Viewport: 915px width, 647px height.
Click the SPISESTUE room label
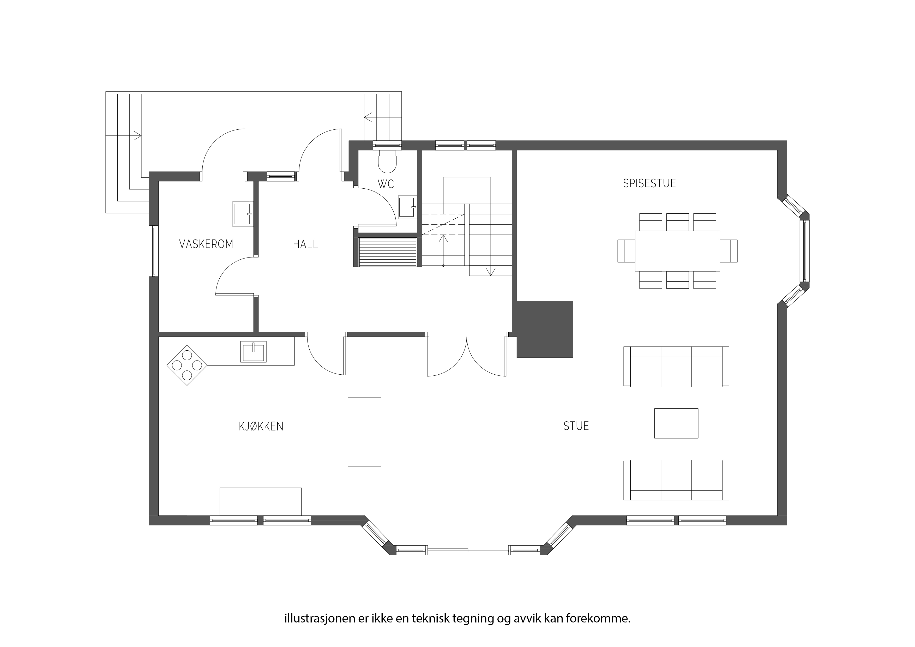point(649,183)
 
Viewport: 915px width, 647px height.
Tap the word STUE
point(576,426)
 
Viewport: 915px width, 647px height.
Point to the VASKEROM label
point(206,244)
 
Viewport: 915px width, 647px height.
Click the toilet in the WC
point(387,161)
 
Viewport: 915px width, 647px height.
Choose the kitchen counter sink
point(254,352)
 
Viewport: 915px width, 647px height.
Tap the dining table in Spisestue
point(677,251)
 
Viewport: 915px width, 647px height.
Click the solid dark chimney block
point(544,329)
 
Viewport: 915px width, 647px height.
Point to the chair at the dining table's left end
point(626,251)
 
